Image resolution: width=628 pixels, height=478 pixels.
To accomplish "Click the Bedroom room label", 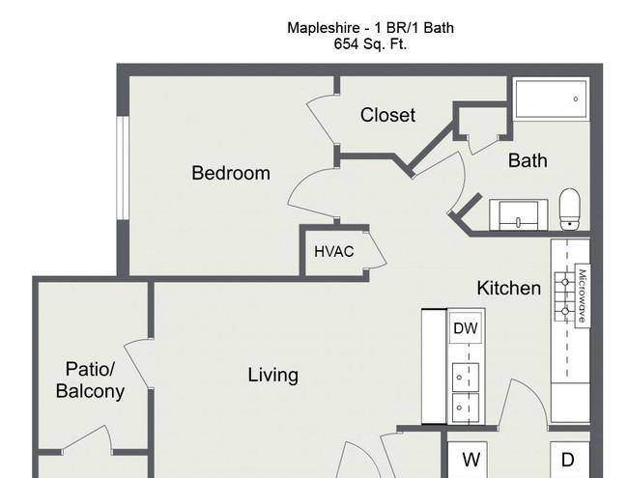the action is pyautogui.click(x=231, y=174).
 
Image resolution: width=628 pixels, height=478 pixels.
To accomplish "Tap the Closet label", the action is pyautogui.click(x=387, y=115).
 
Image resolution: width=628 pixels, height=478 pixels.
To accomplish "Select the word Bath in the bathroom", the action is pyautogui.click(x=528, y=160).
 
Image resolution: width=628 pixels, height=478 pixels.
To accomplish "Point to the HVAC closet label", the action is pyautogui.click(x=334, y=252).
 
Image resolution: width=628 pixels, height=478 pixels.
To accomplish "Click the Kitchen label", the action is pyautogui.click(x=508, y=288).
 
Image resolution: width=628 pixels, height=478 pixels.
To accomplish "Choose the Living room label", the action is pyautogui.click(x=272, y=375).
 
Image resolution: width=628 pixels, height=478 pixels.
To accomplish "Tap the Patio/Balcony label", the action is pyautogui.click(x=90, y=380).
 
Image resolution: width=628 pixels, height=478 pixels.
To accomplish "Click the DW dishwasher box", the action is pyautogui.click(x=466, y=328).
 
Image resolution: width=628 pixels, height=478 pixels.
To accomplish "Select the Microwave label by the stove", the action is pyautogui.click(x=583, y=295).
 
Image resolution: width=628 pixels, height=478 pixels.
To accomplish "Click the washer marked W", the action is pyautogui.click(x=468, y=460).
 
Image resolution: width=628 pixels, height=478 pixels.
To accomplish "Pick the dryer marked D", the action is pyautogui.click(x=570, y=460).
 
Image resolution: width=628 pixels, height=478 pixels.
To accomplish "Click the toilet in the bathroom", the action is pyautogui.click(x=569, y=210).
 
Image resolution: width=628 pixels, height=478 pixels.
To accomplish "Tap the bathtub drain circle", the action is pyautogui.click(x=576, y=98).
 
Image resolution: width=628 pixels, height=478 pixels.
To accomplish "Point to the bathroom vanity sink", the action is pyautogui.click(x=519, y=215).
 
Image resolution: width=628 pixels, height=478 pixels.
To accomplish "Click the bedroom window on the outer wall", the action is pyautogui.click(x=123, y=168).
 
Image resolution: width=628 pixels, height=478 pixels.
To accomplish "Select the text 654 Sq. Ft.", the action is pyautogui.click(x=370, y=43).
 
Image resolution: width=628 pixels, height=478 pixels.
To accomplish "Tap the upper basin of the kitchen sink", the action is pyautogui.click(x=466, y=378).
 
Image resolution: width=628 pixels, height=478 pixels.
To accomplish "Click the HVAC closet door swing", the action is pyautogui.click(x=377, y=250).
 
